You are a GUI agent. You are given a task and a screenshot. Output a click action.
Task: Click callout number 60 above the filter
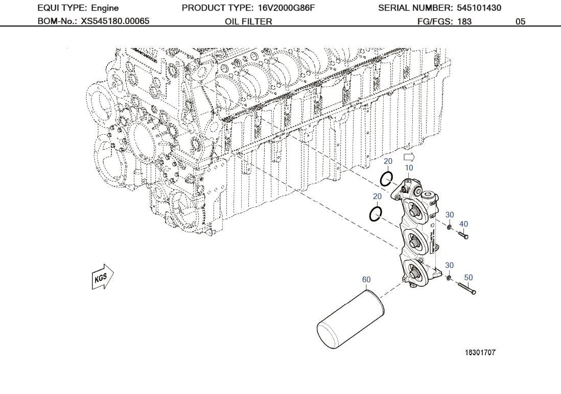tap(366, 280)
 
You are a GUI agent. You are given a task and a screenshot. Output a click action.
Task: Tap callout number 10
tap(409, 168)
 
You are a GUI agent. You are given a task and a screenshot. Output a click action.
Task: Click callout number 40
tap(463, 224)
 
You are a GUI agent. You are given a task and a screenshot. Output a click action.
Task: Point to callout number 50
tap(469, 278)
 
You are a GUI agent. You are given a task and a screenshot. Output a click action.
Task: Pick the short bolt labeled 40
tap(463, 235)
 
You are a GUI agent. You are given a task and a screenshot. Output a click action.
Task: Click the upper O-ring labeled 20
tap(386, 179)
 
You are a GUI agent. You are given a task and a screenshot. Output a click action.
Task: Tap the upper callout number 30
tap(450, 215)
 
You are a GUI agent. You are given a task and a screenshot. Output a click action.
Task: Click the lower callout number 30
tap(450, 265)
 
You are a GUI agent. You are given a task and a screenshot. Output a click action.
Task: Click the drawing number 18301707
tap(480, 353)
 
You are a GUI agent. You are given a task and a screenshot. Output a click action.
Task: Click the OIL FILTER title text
tap(248, 21)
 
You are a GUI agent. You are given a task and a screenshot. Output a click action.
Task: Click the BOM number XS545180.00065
tap(115, 21)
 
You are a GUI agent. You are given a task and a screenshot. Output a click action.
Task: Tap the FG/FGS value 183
tap(464, 21)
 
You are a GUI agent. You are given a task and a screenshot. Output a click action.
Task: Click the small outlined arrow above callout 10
tap(408, 157)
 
